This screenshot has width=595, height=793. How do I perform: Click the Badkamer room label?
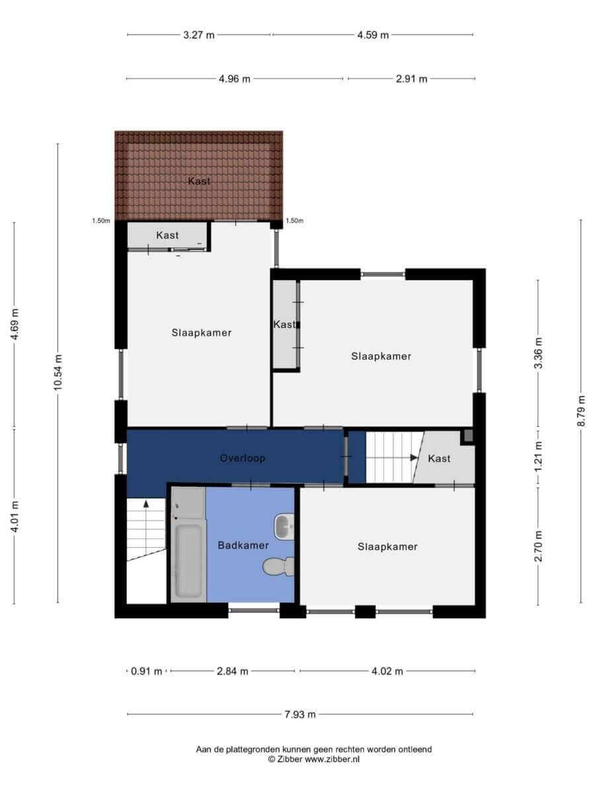pos(243,545)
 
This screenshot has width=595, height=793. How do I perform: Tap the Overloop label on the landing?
pos(243,458)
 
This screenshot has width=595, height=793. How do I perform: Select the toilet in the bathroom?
pos(278,566)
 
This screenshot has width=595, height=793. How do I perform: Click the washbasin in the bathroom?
pos(284,527)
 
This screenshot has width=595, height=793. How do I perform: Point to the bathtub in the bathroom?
pos(188,560)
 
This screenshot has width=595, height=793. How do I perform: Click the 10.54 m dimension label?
pos(58,373)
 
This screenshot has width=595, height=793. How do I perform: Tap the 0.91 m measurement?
pos(146,671)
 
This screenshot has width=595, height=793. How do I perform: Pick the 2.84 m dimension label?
pos(232,671)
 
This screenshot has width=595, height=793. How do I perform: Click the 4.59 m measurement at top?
pos(373,35)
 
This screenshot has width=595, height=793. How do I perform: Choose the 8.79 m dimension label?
pos(580,411)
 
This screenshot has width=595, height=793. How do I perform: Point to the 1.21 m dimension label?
pos(538,456)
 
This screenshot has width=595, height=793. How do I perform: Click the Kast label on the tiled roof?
pos(199,181)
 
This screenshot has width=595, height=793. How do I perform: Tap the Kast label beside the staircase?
pos(439,459)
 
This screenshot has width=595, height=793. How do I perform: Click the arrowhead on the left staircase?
pos(146,504)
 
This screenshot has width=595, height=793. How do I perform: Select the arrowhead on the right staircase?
pos(414,457)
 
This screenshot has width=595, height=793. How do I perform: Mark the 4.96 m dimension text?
pos(235,79)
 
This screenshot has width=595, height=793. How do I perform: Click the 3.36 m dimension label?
pos(538,353)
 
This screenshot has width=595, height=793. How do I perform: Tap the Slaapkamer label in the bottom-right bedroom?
pos(387,547)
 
